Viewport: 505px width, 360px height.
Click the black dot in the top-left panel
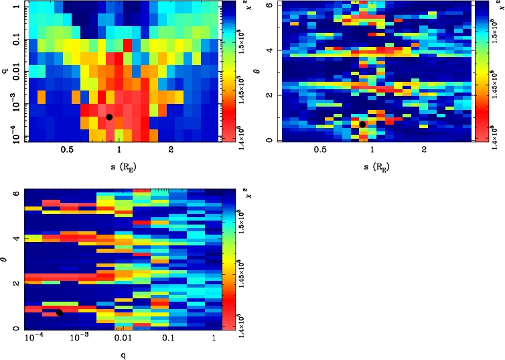click(x=109, y=117)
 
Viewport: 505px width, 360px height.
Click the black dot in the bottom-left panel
click(x=59, y=312)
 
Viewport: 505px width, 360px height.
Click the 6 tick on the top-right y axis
click(x=267, y=5)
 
